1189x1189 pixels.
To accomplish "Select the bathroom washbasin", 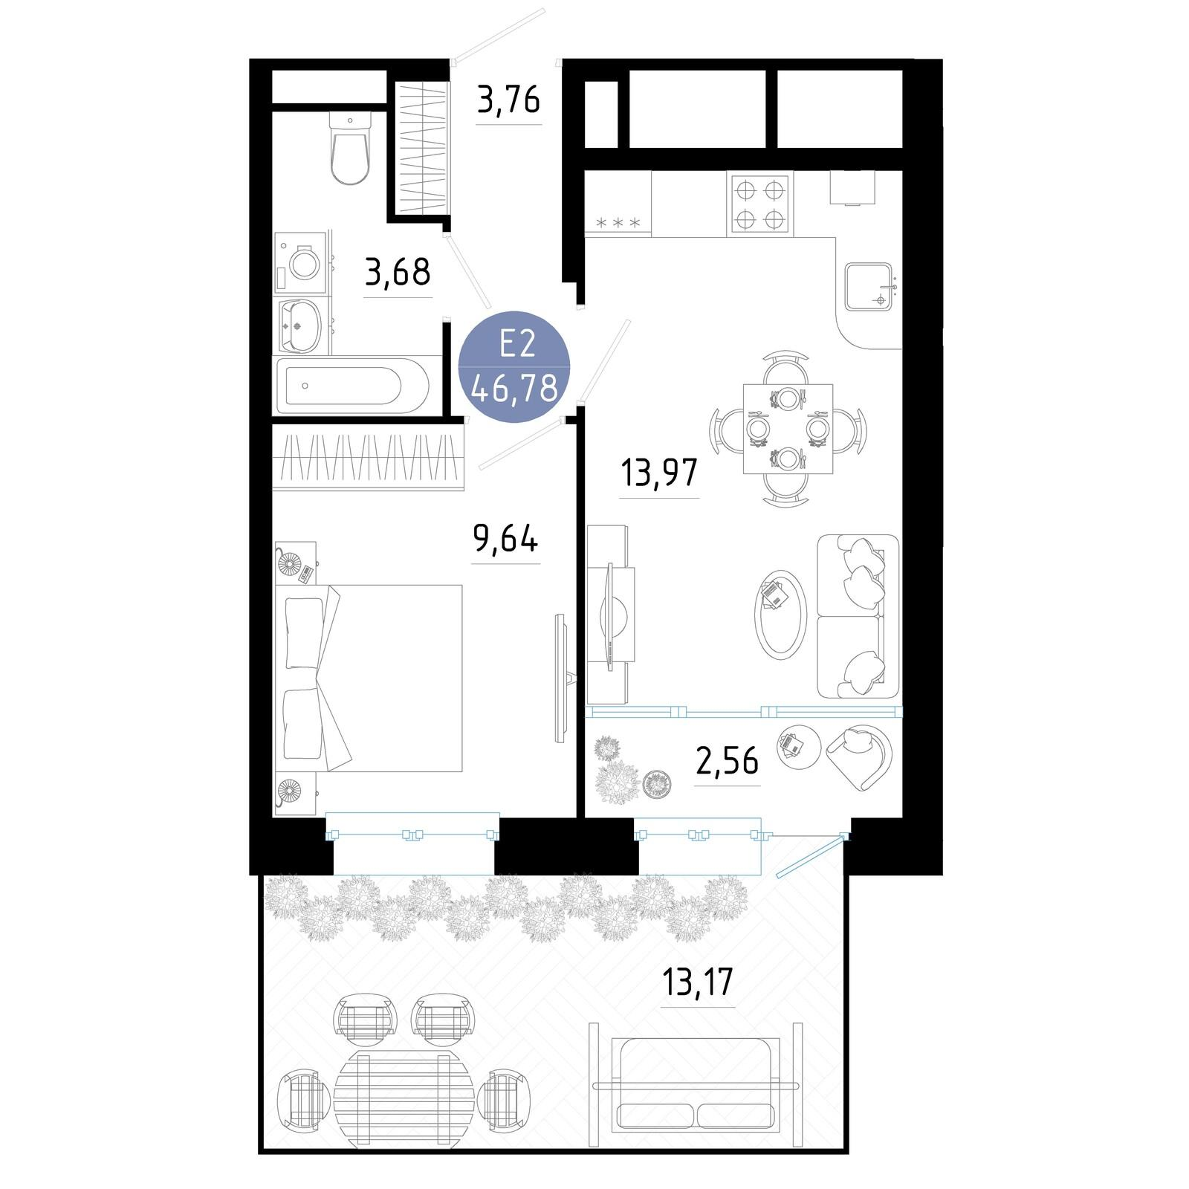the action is (300, 325).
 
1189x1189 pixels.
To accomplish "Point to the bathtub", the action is (352, 386).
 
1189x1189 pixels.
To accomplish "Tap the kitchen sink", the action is (869, 287).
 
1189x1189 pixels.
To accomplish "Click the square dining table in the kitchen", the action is (788, 428).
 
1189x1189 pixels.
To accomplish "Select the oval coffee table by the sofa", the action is (781, 612).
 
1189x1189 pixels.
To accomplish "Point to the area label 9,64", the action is (505, 539).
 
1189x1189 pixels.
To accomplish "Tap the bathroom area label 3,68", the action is (398, 272).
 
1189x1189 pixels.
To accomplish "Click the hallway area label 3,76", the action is (508, 100).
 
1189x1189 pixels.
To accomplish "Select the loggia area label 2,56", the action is (727, 760).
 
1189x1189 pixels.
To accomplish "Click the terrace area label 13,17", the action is (698, 982).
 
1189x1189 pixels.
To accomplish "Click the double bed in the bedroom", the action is (369, 678).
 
